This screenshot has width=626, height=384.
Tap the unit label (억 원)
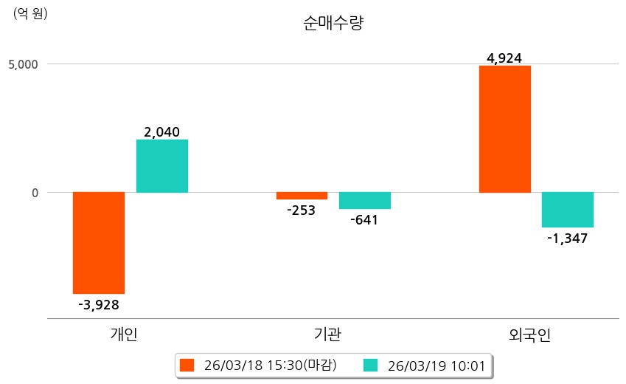click(30, 13)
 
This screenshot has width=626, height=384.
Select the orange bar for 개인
click(98, 243)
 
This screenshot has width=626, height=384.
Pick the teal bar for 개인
click(162, 166)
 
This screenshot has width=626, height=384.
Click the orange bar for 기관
click(302, 196)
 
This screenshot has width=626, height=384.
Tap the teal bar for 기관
click(365, 201)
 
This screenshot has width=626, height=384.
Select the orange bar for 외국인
click(504, 129)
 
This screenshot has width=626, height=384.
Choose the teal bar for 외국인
click(568, 210)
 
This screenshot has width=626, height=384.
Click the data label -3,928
click(98, 304)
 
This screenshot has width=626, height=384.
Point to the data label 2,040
click(162, 132)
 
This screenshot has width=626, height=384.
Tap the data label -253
click(301, 210)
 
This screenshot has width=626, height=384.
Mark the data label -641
click(364, 220)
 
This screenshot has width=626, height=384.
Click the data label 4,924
click(504, 58)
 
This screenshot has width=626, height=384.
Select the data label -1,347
click(567, 239)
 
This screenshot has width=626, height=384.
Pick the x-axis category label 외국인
click(529, 335)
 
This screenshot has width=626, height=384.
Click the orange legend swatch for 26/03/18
click(187, 366)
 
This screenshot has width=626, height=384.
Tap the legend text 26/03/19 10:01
click(437, 366)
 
